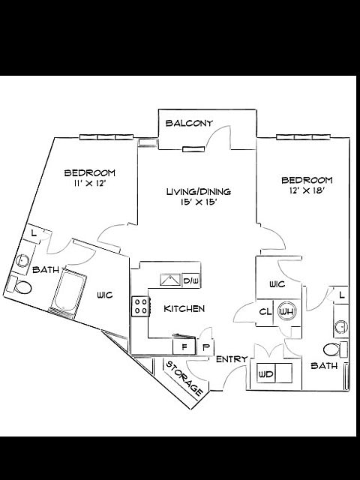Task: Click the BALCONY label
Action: (189, 123)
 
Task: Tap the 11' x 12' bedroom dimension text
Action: (90, 183)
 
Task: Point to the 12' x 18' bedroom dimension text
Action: (307, 190)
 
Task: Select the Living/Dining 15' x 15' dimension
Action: (199, 202)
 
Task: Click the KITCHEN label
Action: (184, 308)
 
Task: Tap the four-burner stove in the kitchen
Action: (141, 307)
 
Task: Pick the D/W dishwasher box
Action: (191, 280)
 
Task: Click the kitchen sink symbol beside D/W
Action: (170, 280)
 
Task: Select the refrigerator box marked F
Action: (184, 346)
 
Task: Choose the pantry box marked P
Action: (205, 347)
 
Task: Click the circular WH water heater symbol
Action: (287, 312)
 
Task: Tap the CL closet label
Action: (265, 312)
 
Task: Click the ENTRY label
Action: (232, 359)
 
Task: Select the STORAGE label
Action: (184, 378)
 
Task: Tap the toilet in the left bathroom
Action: (19, 285)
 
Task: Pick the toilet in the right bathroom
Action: (335, 349)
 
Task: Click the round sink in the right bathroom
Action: (340, 327)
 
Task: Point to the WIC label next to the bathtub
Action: (105, 295)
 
